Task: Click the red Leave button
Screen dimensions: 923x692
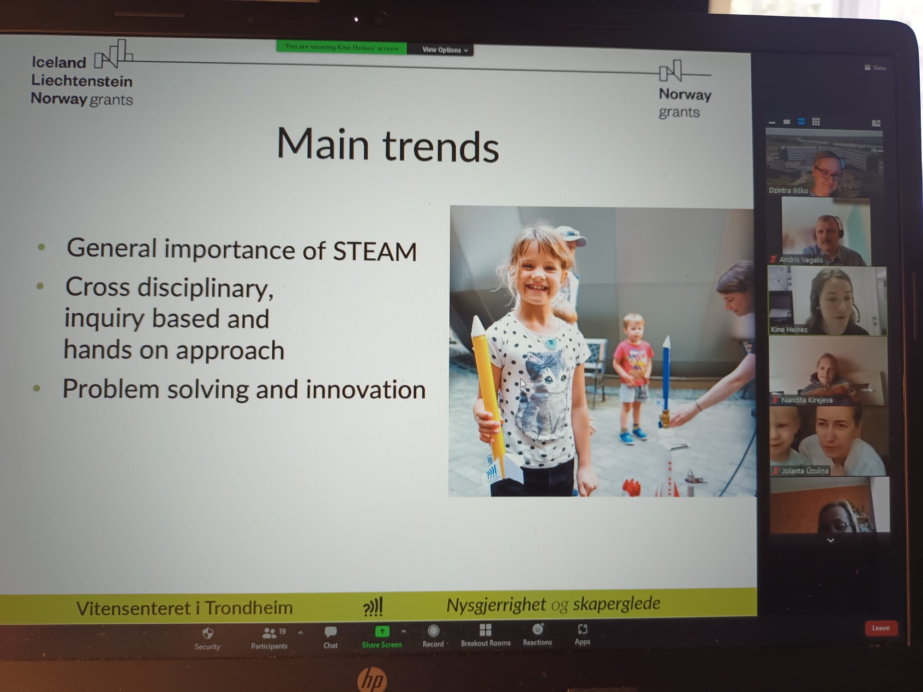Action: click(881, 628)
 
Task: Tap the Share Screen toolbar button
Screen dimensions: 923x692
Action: click(382, 637)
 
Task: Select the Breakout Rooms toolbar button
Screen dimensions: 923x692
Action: click(485, 635)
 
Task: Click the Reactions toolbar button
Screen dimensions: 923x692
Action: click(537, 635)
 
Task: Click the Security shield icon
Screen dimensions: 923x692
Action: click(208, 633)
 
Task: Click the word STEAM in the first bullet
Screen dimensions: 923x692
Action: click(375, 251)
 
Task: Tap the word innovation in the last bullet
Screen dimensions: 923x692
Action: click(366, 389)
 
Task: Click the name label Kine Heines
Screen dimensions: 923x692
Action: click(789, 329)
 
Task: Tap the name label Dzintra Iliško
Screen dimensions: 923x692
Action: click(788, 190)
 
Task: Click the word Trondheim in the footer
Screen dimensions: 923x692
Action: click(249, 608)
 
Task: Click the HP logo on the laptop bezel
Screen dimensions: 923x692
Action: click(372, 679)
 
